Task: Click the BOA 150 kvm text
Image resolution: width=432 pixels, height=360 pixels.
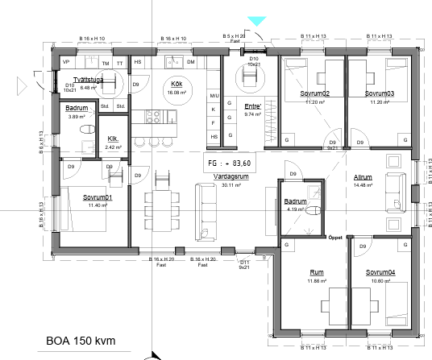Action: pos(81,341)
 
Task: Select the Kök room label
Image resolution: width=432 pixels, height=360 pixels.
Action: pos(175,84)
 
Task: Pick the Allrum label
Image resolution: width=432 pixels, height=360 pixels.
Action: pos(362,177)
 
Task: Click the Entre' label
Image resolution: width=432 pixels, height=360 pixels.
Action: pos(254,107)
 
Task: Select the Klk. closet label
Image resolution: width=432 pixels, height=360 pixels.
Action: pos(114,139)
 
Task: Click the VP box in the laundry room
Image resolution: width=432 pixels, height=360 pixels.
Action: pos(66,62)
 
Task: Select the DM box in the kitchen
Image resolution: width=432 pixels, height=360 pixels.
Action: pos(191,62)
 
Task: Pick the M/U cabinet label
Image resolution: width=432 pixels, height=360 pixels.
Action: pos(214,74)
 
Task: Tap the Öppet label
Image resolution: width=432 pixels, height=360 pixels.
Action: pos(336,238)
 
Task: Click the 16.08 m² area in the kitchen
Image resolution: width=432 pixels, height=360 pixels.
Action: pos(175,92)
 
